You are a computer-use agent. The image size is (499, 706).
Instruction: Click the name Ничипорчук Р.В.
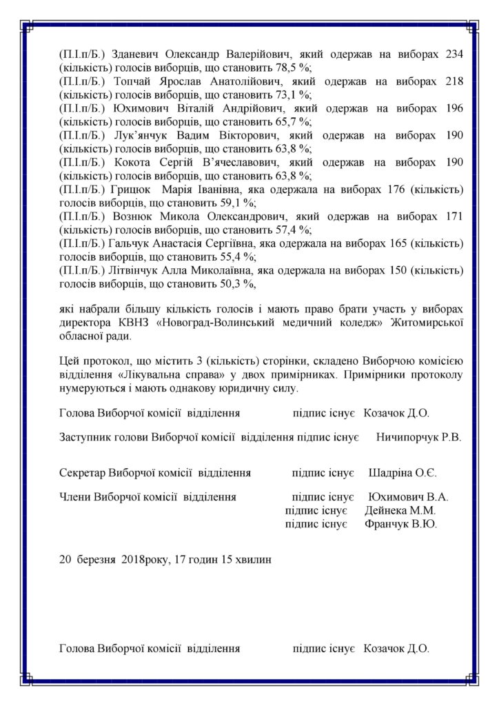[418, 436]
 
